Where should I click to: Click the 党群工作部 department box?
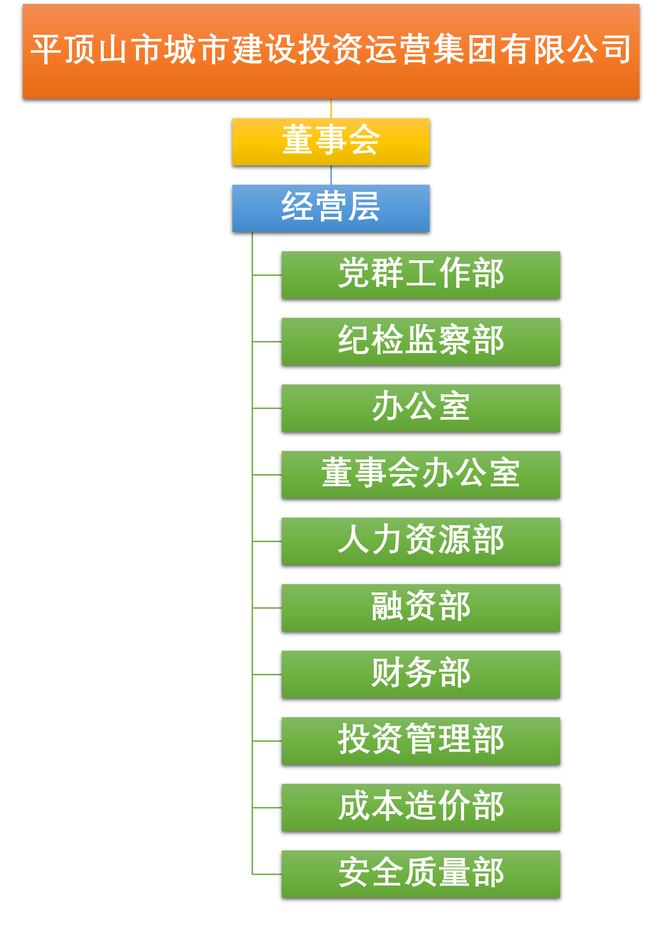(421, 275)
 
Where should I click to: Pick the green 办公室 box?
(421, 408)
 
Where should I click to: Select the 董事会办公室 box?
(421, 474)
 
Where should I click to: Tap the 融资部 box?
(421, 607)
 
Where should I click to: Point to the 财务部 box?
(421, 674)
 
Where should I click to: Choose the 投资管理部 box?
(421, 741)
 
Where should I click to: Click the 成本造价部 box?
(421, 808)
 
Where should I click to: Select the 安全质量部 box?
(421, 874)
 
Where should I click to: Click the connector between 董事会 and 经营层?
(331, 175)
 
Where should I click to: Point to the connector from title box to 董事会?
(331, 108)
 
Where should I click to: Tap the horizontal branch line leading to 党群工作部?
(267, 275)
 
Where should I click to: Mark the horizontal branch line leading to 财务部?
(267, 674)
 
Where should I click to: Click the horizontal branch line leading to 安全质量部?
(267, 874)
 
